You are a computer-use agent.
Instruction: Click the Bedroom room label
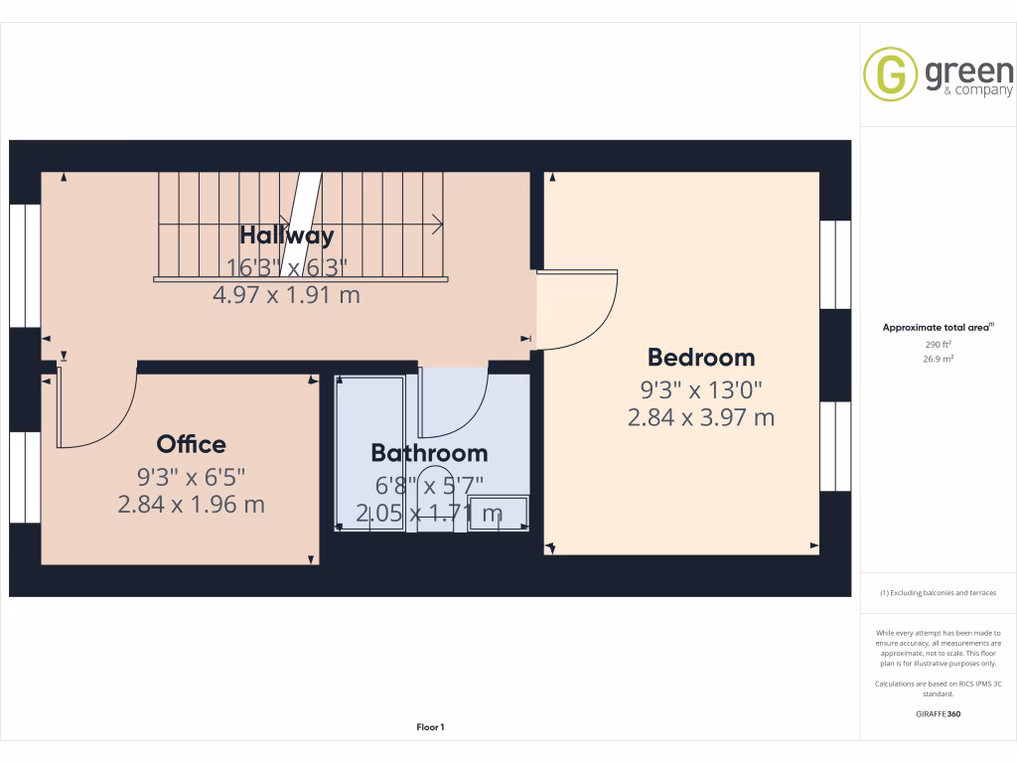(x=701, y=358)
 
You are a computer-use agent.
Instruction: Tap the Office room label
(x=191, y=444)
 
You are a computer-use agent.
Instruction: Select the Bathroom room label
(x=429, y=453)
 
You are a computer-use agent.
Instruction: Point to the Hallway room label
(x=286, y=235)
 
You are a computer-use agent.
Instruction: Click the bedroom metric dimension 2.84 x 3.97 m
(x=701, y=418)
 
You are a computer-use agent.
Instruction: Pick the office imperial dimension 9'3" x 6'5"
(x=191, y=475)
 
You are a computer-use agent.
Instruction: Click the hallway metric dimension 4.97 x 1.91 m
(x=286, y=295)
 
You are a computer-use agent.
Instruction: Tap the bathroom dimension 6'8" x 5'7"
(x=429, y=485)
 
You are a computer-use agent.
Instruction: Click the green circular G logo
(x=890, y=74)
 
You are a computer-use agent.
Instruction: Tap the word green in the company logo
(x=968, y=72)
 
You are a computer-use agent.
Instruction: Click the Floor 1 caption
(x=430, y=727)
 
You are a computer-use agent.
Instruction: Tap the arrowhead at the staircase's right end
(x=440, y=226)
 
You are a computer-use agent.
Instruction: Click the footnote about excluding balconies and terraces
(x=938, y=593)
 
